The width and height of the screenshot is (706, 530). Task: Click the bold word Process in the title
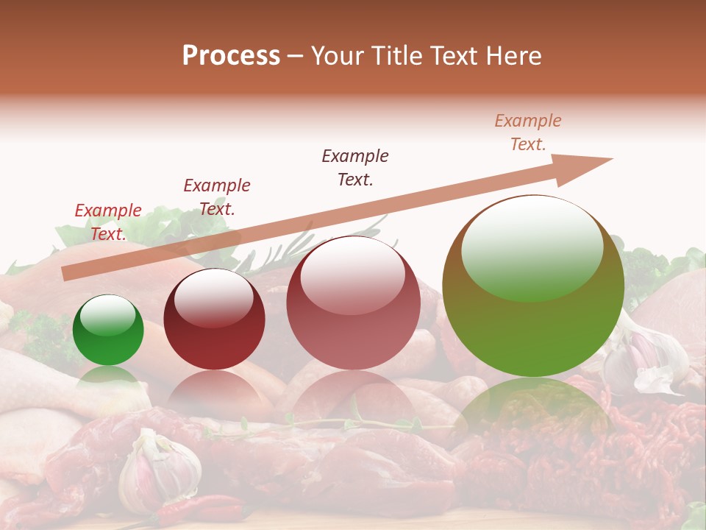pos(231,56)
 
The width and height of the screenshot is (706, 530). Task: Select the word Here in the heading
pos(512,56)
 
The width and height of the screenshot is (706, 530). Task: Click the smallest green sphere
pos(108,331)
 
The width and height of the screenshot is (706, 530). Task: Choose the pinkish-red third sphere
pos(353,303)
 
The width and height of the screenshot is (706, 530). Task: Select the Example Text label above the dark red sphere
pos(217,197)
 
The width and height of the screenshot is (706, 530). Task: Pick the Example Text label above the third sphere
pos(355,168)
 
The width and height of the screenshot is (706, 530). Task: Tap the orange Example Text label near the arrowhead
pos(528,132)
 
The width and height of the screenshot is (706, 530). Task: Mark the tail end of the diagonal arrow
pos(66,274)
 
